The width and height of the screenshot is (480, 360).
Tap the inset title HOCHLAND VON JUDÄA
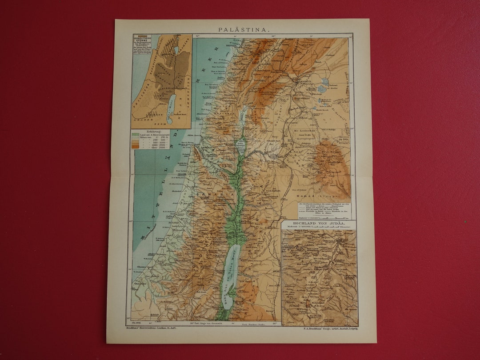click(x=319, y=223)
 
